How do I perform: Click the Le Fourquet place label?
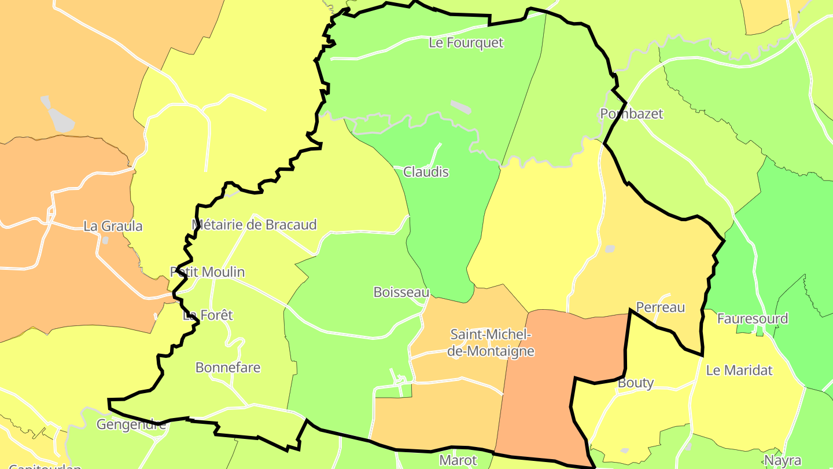point(466,43)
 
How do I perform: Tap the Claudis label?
point(426,172)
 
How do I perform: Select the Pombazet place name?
point(631,113)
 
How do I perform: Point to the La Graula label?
point(113,226)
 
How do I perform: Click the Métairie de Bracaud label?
point(254,224)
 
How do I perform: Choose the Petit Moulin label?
point(207,272)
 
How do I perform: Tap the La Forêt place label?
point(208,315)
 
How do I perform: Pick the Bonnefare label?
point(228,367)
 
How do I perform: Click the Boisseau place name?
point(401,292)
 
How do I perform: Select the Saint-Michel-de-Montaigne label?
point(492,343)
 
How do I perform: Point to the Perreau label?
point(660,307)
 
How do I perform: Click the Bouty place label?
point(636,383)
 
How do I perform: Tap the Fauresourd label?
point(752,318)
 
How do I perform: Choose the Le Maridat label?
point(739,370)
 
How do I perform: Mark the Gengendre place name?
point(131,424)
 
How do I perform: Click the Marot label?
point(458,460)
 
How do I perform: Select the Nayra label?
point(783,461)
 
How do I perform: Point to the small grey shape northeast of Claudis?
point(461,107)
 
